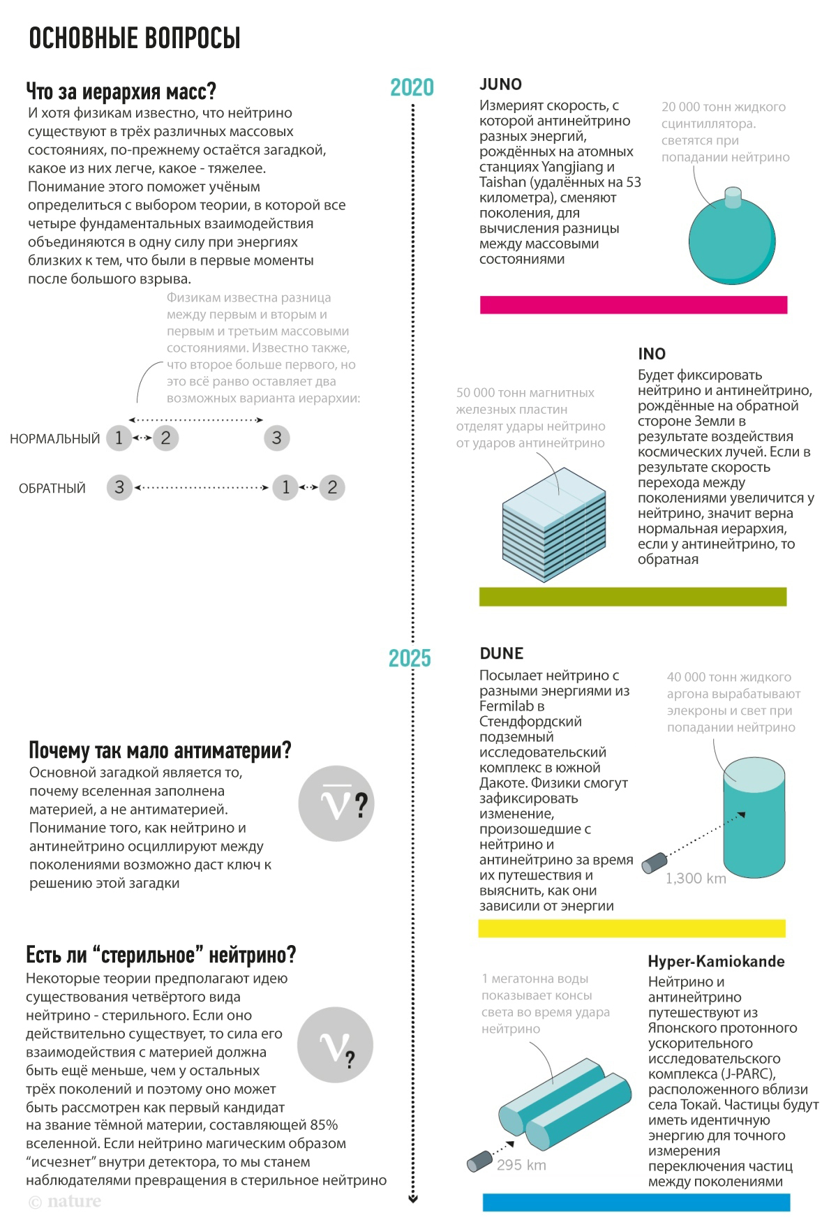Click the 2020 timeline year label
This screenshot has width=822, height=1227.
point(412,88)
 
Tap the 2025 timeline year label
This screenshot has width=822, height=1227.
point(410,658)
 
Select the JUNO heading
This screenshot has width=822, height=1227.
point(500,84)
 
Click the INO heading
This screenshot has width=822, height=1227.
point(651,354)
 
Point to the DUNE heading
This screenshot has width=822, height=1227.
point(501,653)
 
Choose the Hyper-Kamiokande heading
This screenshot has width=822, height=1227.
point(716,961)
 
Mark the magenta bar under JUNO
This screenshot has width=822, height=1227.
point(633,305)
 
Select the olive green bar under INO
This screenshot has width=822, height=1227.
point(632,597)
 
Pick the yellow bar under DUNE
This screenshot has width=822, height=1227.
point(632,928)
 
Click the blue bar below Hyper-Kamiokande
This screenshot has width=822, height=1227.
point(636,1202)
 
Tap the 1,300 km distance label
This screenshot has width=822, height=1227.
point(696,879)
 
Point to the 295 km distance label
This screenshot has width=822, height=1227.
point(521,1165)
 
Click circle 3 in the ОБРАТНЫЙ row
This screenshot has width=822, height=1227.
point(119,487)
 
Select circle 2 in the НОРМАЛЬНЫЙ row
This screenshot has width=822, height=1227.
point(165,438)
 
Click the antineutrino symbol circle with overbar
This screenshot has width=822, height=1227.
point(336,803)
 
